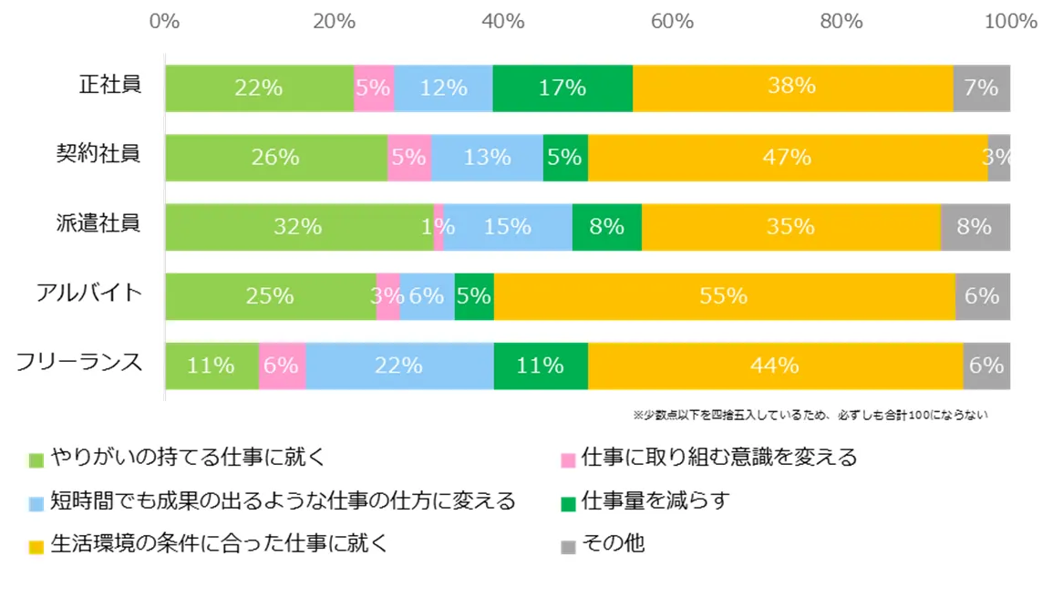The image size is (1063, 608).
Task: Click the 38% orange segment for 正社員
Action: click(x=792, y=88)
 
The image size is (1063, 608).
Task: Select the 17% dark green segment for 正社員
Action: click(x=562, y=88)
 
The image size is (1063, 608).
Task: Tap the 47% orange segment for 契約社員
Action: click(x=788, y=157)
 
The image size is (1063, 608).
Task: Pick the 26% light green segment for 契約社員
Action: click(x=276, y=157)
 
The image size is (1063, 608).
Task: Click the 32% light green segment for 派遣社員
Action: click(x=299, y=226)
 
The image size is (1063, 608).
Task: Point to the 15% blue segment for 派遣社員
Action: click(x=508, y=226)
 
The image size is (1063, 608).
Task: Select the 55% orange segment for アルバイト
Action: click(x=724, y=295)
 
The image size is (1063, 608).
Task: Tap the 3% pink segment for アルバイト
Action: click(x=388, y=295)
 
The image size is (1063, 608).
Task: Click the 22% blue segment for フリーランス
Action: click(x=399, y=366)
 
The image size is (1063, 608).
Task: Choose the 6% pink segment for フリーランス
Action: click(x=282, y=366)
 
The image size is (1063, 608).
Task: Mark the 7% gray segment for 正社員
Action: click(x=981, y=88)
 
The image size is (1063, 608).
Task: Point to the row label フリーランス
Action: click(x=80, y=363)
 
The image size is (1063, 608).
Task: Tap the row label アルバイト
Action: click(x=89, y=294)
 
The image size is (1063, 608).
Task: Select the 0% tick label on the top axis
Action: click(x=164, y=20)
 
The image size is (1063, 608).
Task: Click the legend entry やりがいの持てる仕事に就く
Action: click(x=188, y=458)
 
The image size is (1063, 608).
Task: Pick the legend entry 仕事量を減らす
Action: click(x=655, y=500)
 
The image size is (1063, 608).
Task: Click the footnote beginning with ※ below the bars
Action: click(x=810, y=415)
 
